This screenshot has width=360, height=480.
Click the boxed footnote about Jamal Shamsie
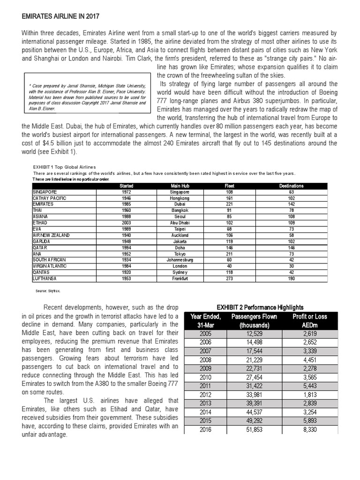87,95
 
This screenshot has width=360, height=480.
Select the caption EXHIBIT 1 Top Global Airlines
64,166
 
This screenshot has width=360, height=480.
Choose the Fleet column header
229,186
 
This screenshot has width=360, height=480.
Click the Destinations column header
291,186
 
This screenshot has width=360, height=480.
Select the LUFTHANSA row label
45,278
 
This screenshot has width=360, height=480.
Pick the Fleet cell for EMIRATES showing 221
229,204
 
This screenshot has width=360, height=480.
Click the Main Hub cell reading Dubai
180,204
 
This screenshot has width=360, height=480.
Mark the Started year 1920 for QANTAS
126,272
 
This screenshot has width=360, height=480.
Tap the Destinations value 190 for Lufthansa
291,278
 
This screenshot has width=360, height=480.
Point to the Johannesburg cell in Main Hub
180,260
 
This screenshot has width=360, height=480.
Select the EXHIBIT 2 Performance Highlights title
264,307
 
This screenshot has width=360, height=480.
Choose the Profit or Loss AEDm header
309,321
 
